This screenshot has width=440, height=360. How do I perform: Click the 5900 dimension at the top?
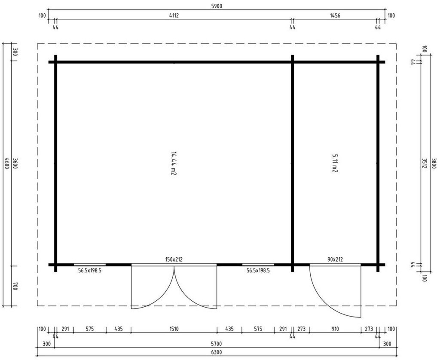pos(217,6)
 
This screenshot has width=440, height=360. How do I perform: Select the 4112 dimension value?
pos(174,16)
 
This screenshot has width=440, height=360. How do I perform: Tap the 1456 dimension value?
pos(335,16)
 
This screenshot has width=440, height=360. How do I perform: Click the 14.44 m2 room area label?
pos(174,163)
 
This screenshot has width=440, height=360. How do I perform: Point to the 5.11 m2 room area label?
pos(334,163)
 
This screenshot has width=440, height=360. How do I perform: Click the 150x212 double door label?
pos(174,259)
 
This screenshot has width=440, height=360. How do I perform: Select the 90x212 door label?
pos(335,259)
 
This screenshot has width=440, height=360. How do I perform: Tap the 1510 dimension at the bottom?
pos(174,329)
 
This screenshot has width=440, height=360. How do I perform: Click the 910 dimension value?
pos(335,329)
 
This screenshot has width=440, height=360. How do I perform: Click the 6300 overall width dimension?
pos(217,352)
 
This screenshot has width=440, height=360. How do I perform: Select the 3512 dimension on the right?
pos(424,163)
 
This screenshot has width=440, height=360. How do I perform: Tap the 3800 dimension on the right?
pos(434,163)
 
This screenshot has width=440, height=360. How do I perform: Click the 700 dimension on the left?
pos(15,286)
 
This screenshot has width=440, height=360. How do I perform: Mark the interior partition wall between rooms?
pos(292,163)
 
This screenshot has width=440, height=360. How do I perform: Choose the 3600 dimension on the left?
pos(15,163)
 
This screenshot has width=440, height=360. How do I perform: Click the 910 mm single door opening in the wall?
pos(335,265)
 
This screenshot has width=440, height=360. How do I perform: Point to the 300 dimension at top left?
pos(15,52)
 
